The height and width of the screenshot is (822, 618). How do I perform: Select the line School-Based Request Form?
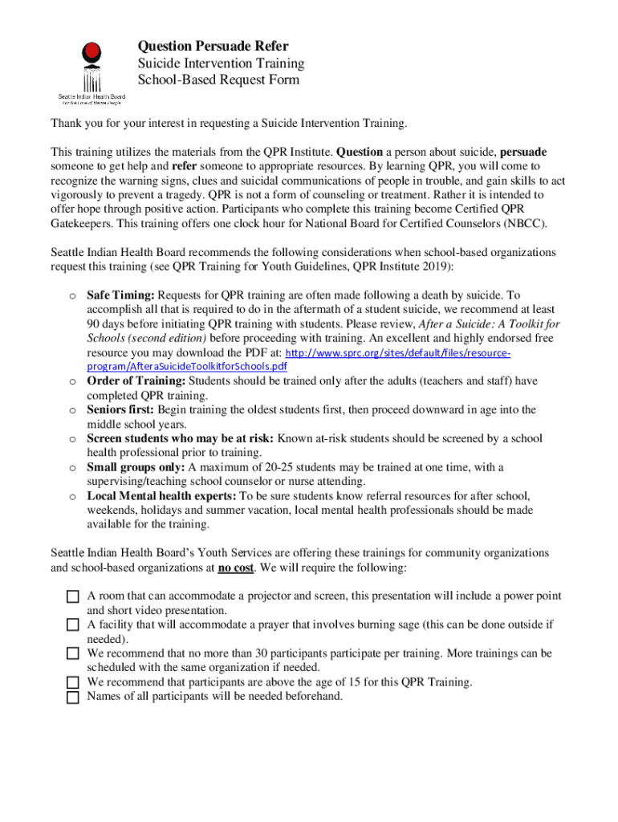(219, 79)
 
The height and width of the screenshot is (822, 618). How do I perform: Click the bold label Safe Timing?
(120, 295)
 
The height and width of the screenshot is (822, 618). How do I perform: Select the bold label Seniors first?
(120, 409)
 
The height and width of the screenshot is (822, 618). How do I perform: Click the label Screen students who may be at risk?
(181, 438)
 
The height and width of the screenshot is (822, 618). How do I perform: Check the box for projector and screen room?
(73, 597)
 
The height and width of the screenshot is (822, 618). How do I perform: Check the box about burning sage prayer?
(73, 625)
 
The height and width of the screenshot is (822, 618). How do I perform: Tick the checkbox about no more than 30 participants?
(73, 654)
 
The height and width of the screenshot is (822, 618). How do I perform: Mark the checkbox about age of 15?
(73, 683)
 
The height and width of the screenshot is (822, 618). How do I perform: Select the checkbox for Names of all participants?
(73, 697)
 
